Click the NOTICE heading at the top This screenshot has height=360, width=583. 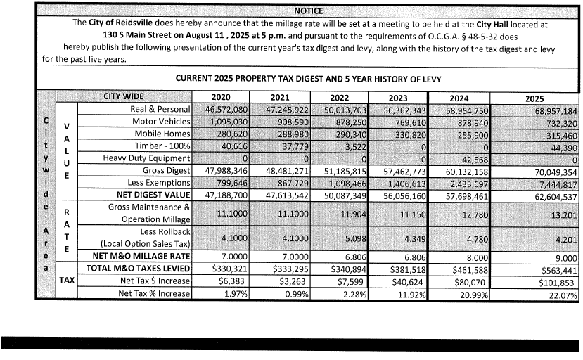309,11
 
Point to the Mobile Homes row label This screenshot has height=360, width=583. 163,134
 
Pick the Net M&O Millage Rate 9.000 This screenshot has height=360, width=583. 562,257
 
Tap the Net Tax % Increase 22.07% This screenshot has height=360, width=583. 560,293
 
